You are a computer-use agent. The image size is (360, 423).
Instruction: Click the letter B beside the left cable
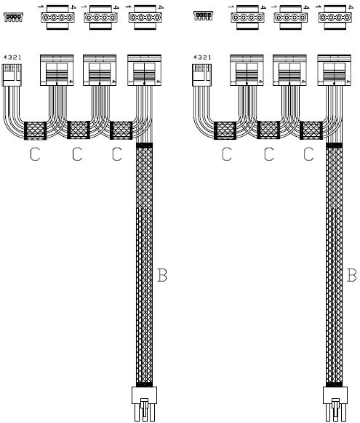161,275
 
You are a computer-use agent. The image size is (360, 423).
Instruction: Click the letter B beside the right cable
351,275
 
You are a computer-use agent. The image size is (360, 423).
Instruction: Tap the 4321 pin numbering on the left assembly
12,58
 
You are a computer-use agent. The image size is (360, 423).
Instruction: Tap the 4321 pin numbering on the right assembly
202,58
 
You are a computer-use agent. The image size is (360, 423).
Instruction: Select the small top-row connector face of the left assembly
14,17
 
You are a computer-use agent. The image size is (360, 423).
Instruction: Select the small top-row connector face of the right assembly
204,15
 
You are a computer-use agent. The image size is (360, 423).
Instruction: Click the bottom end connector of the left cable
145,404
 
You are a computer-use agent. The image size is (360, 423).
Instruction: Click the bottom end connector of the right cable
335,404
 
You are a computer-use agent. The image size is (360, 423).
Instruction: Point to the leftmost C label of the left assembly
35,154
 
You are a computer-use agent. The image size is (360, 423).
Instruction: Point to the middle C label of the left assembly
77,154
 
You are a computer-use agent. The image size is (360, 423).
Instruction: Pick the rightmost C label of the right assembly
308,154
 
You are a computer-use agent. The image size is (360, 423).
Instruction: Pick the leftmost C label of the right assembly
227,154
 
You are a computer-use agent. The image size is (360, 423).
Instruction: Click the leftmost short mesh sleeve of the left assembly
36,131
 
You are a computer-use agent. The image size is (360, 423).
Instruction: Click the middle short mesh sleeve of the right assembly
268,130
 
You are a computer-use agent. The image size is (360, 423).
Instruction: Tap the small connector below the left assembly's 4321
12,75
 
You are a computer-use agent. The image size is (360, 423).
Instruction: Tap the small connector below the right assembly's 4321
202,75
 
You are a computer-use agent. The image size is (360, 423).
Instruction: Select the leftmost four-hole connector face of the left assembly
57,17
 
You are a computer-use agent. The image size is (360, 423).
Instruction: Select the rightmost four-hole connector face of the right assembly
335,17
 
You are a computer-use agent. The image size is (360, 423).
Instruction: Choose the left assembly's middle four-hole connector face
101,17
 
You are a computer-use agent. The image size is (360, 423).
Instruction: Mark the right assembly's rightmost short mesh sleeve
311,130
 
